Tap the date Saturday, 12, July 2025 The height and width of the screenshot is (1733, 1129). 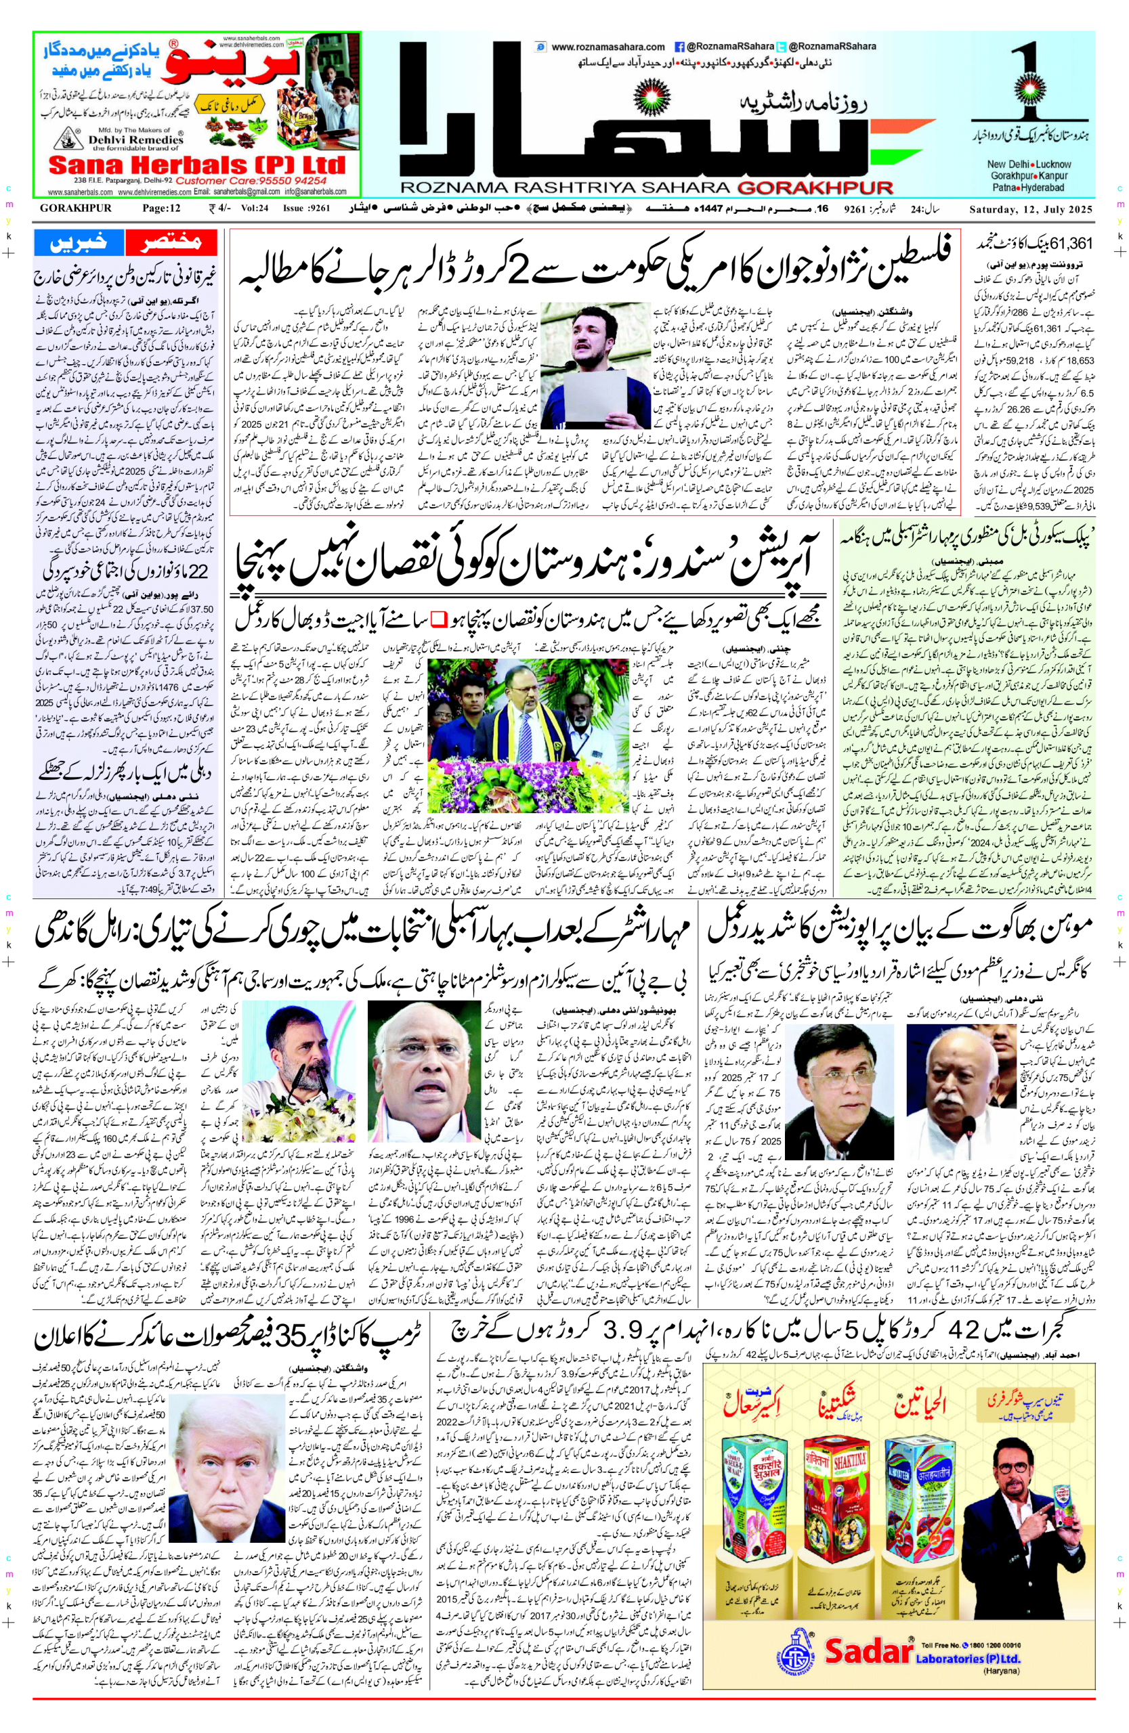tap(1031, 210)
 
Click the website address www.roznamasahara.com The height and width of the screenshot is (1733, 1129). tap(609, 47)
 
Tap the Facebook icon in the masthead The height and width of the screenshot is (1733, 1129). tap(679, 47)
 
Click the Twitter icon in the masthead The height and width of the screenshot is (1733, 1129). tap(782, 47)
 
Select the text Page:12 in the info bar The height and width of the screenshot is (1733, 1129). tap(161, 210)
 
